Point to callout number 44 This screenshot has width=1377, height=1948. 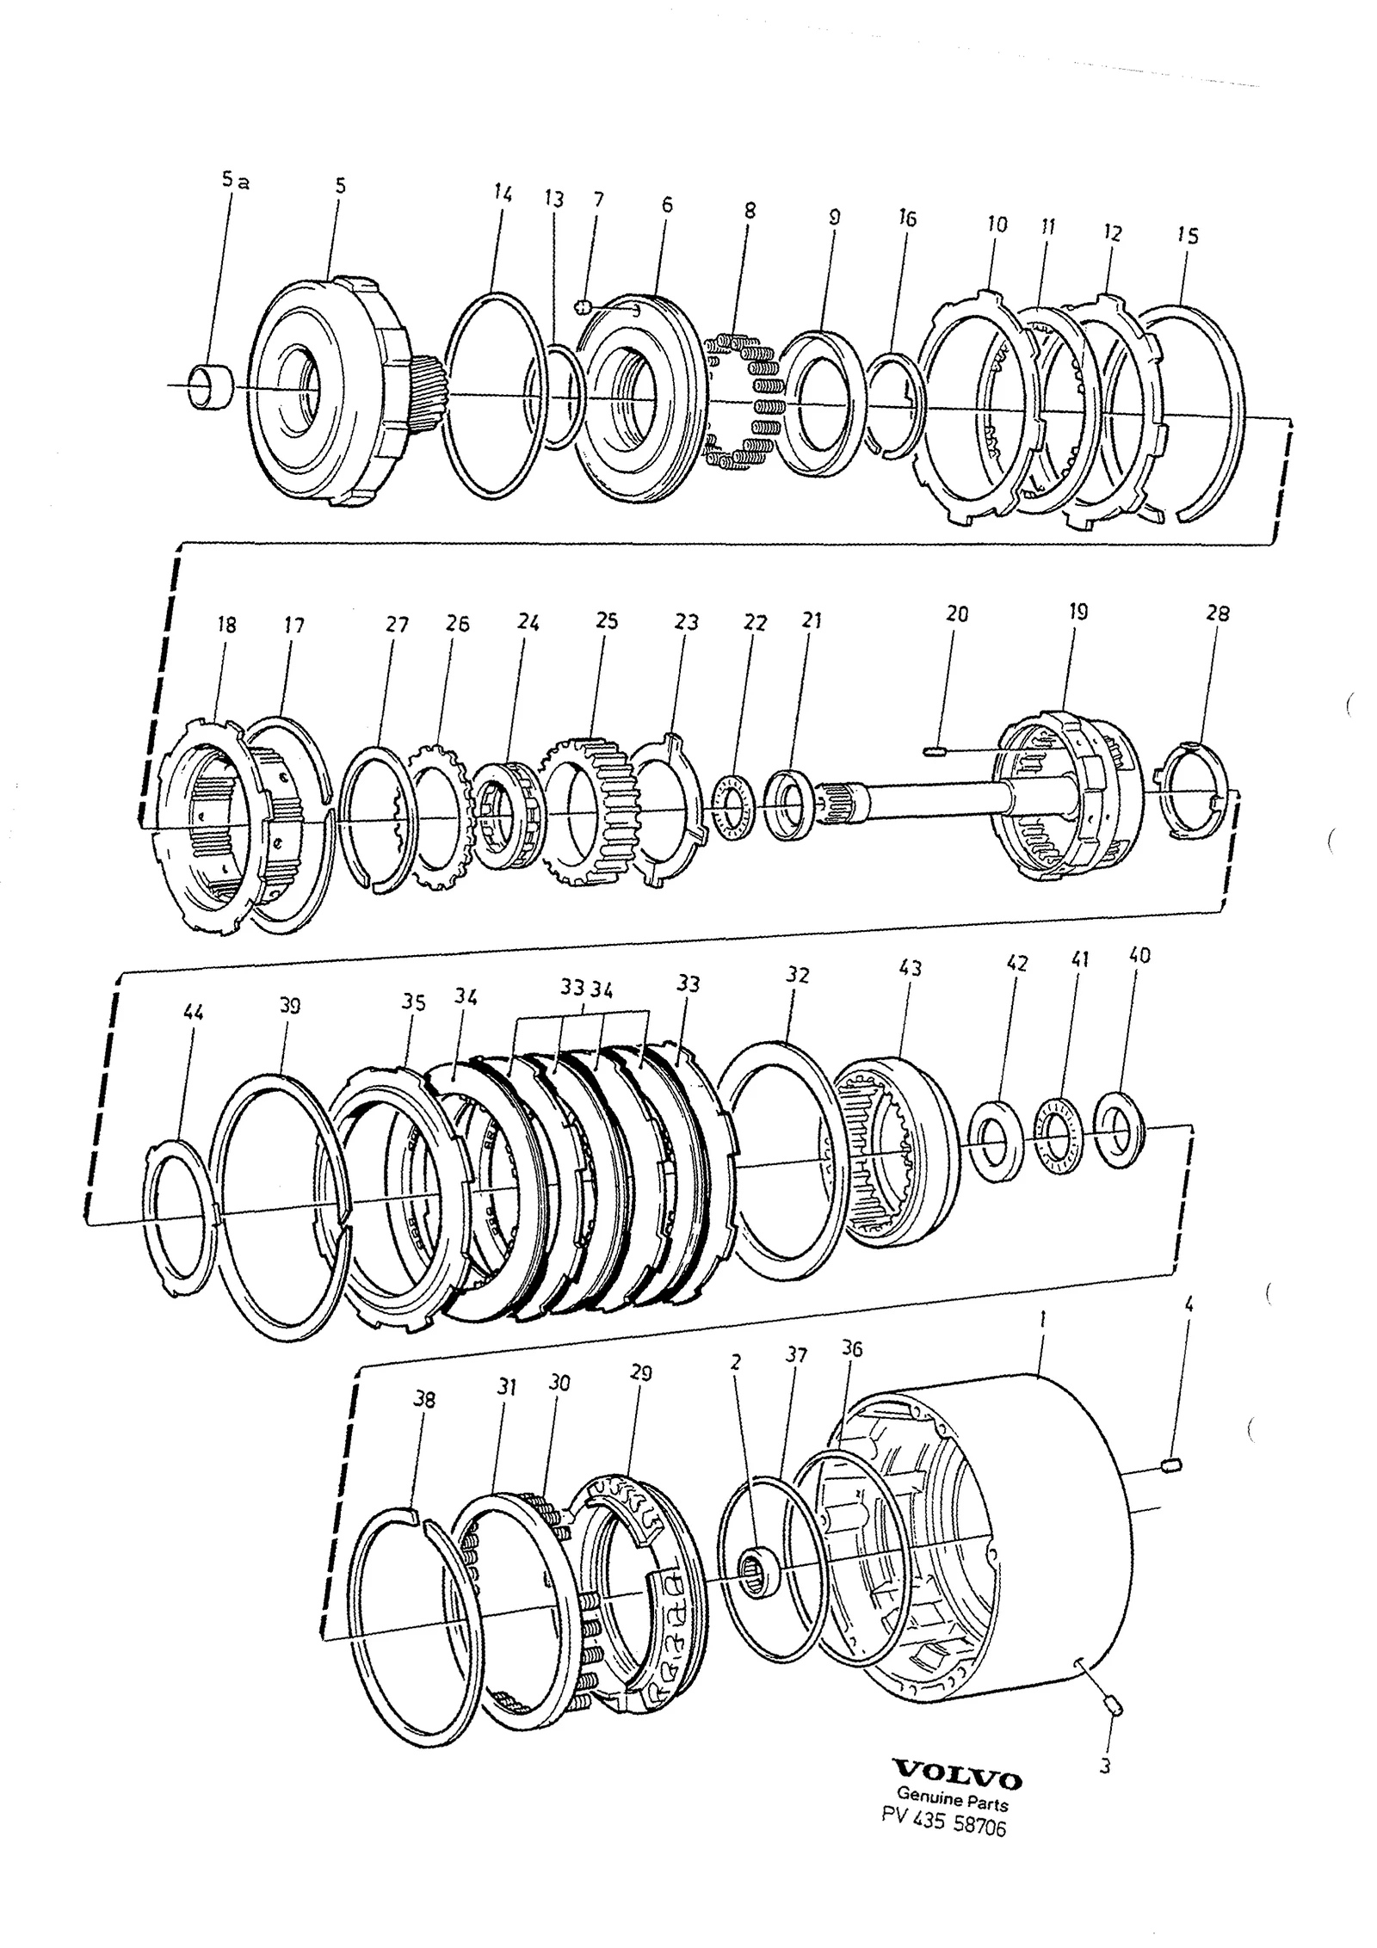[194, 1013]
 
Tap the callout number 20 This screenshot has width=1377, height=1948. [957, 614]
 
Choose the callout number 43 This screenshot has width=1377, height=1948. [911, 968]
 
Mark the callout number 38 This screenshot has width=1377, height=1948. [424, 1400]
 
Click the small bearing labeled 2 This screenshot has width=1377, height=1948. [758, 1573]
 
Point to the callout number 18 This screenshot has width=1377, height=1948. [227, 624]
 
